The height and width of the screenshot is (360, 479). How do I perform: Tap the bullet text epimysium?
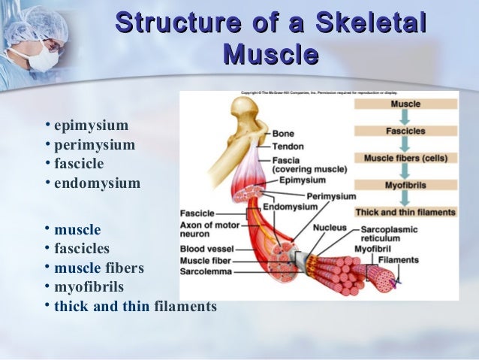click(x=91, y=125)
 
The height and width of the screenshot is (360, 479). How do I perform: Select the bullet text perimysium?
click(x=94, y=144)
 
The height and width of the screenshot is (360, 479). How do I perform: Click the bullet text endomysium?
click(x=97, y=183)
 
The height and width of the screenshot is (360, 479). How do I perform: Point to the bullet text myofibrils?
click(x=89, y=287)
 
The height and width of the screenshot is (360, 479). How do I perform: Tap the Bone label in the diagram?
click(x=283, y=134)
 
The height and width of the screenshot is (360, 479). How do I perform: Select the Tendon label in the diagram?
click(x=288, y=146)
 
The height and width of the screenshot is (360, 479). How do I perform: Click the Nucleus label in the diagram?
click(x=330, y=228)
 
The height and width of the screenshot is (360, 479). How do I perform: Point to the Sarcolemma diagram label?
click(x=206, y=271)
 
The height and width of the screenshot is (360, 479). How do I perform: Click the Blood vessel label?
click(x=206, y=249)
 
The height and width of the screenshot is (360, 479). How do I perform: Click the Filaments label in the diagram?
click(x=398, y=259)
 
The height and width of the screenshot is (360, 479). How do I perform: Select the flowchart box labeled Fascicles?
click(x=405, y=132)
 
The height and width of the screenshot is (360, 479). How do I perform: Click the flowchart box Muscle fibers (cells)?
click(x=405, y=158)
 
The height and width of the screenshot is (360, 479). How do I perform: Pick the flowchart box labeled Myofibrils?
click(x=405, y=185)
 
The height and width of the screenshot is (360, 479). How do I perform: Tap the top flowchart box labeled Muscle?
click(x=405, y=104)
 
